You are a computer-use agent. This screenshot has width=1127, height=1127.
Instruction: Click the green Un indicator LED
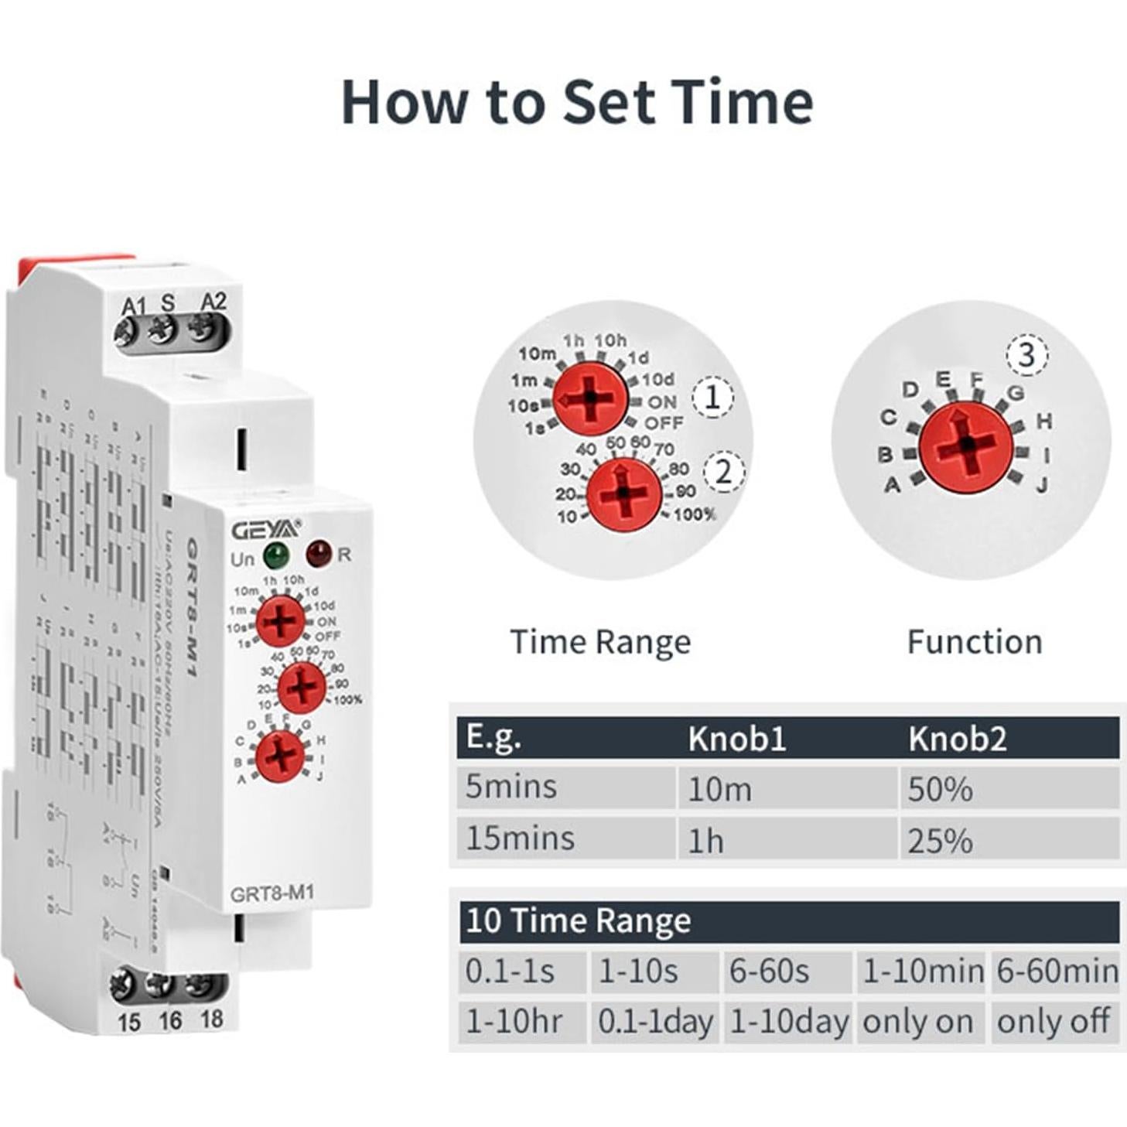[x=275, y=555]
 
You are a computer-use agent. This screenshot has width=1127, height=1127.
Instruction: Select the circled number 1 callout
[x=712, y=398]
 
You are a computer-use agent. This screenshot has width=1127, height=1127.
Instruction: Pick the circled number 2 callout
[x=723, y=471]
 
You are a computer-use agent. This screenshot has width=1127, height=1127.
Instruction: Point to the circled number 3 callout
[x=1026, y=356]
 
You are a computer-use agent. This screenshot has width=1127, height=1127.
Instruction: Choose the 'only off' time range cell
[x=1054, y=1022]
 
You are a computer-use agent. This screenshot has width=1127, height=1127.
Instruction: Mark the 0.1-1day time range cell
[x=656, y=1022]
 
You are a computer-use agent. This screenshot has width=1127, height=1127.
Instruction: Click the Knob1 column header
[x=737, y=739]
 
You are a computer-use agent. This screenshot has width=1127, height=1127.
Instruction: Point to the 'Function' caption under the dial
[x=974, y=642]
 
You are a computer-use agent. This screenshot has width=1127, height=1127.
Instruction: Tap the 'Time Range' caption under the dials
[x=600, y=642]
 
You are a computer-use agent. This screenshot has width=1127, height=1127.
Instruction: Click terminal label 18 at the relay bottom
[x=212, y=1019]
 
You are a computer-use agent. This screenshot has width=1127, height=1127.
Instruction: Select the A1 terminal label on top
[x=133, y=306]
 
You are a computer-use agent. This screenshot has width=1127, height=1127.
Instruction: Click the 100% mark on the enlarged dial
[x=695, y=515]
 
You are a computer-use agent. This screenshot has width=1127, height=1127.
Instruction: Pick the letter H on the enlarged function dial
[x=1043, y=421]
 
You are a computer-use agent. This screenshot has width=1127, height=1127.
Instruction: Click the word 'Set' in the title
[x=608, y=102]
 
